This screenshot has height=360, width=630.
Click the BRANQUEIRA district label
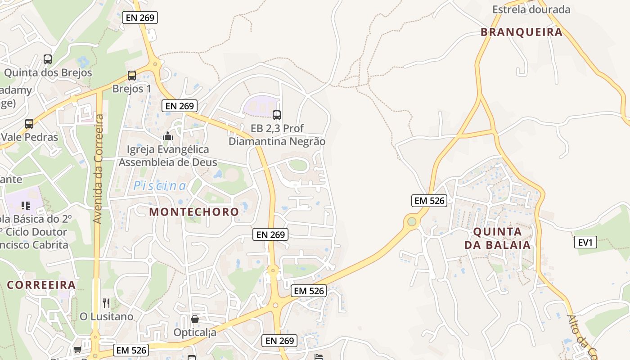[x=522, y=32]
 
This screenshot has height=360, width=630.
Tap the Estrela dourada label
[x=531, y=9]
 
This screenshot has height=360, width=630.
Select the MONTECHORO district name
[x=194, y=211]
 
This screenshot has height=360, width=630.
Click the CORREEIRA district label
[x=41, y=285]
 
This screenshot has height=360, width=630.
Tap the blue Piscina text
[x=160, y=185]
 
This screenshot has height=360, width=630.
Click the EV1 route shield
[x=585, y=243]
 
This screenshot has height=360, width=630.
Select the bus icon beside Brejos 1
[x=131, y=76]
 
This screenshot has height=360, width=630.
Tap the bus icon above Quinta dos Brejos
[x=47, y=59]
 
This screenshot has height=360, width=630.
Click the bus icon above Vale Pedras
[x=29, y=123]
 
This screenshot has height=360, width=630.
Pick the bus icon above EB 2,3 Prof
[x=277, y=115]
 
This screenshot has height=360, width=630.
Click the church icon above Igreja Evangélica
[x=168, y=136]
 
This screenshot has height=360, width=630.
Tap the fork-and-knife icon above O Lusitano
[x=106, y=303]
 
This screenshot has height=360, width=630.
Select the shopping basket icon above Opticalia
[x=195, y=319]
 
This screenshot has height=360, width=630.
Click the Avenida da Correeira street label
[x=99, y=169]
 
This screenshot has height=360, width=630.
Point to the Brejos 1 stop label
[x=131, y=89]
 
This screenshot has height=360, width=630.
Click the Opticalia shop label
[x=195, y=333]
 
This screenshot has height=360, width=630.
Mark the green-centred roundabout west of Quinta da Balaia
[x=411, y=221]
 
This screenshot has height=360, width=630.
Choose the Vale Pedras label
[x=29, y=137]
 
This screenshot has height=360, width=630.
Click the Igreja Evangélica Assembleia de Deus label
[x=168, y=156]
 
